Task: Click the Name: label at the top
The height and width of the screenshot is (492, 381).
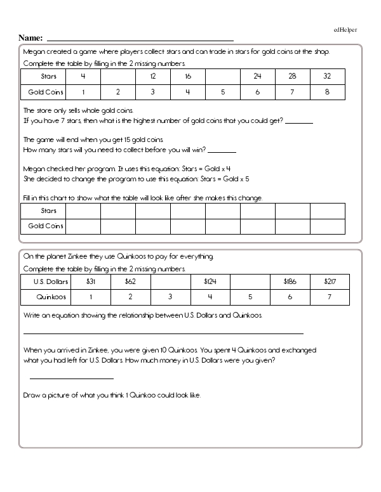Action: point(31,37)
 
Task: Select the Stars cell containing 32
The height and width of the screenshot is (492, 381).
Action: point(327,76)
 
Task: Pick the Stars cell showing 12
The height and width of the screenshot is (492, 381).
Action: point(153,76)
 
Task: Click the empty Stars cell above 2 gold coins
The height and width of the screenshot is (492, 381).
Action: point(118,76)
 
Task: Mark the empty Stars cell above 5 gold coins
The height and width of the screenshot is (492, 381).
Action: point(223,76)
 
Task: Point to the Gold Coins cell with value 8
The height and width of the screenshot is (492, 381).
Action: point(327,92)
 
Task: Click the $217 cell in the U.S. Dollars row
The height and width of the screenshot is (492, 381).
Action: point(329,280)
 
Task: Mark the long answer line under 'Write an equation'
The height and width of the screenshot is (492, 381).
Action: point(163,333)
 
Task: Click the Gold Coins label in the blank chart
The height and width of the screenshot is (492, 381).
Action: point(45,226)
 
